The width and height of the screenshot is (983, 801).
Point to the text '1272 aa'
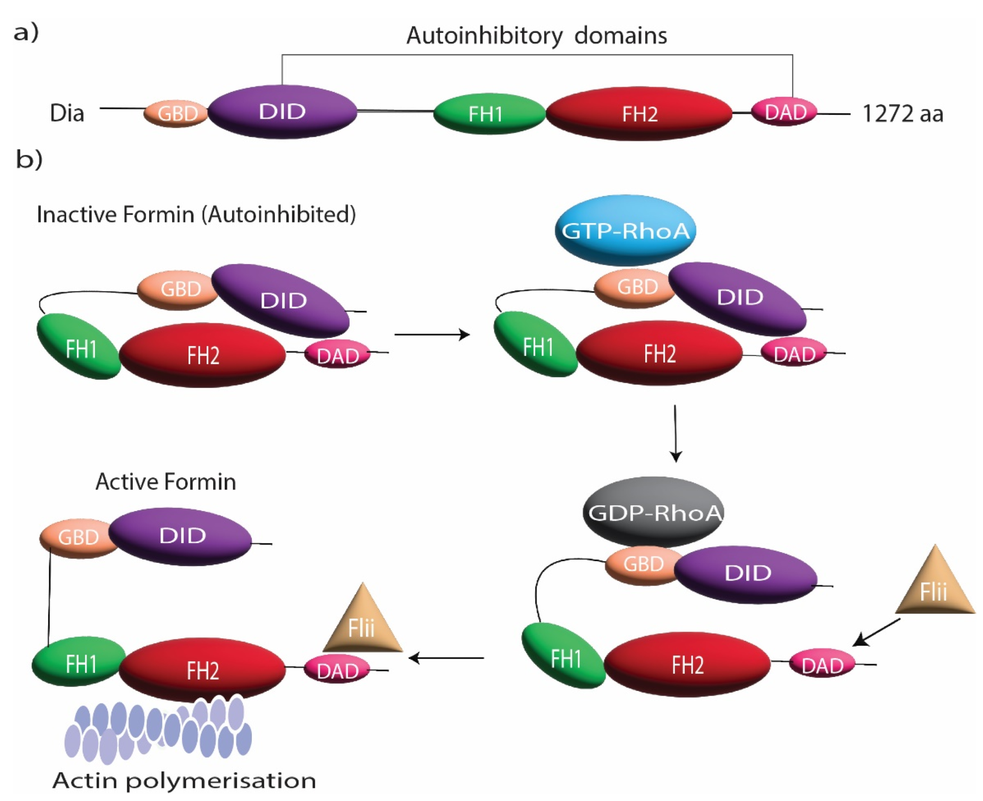click(902, 114)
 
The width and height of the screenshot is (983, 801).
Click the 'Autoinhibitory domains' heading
click(536, 35)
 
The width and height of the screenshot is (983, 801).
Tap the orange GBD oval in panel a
click(177, 114)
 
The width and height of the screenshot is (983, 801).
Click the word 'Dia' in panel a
click(67, 114)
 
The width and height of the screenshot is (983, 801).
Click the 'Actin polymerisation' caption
click(184, 780)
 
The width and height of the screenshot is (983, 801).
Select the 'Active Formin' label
click(166, 482)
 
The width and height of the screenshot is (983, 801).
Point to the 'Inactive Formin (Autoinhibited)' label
click(196, 215)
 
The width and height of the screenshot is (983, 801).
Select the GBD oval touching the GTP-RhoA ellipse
click(636, 287)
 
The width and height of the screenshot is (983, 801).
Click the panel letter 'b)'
click(29, 159)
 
